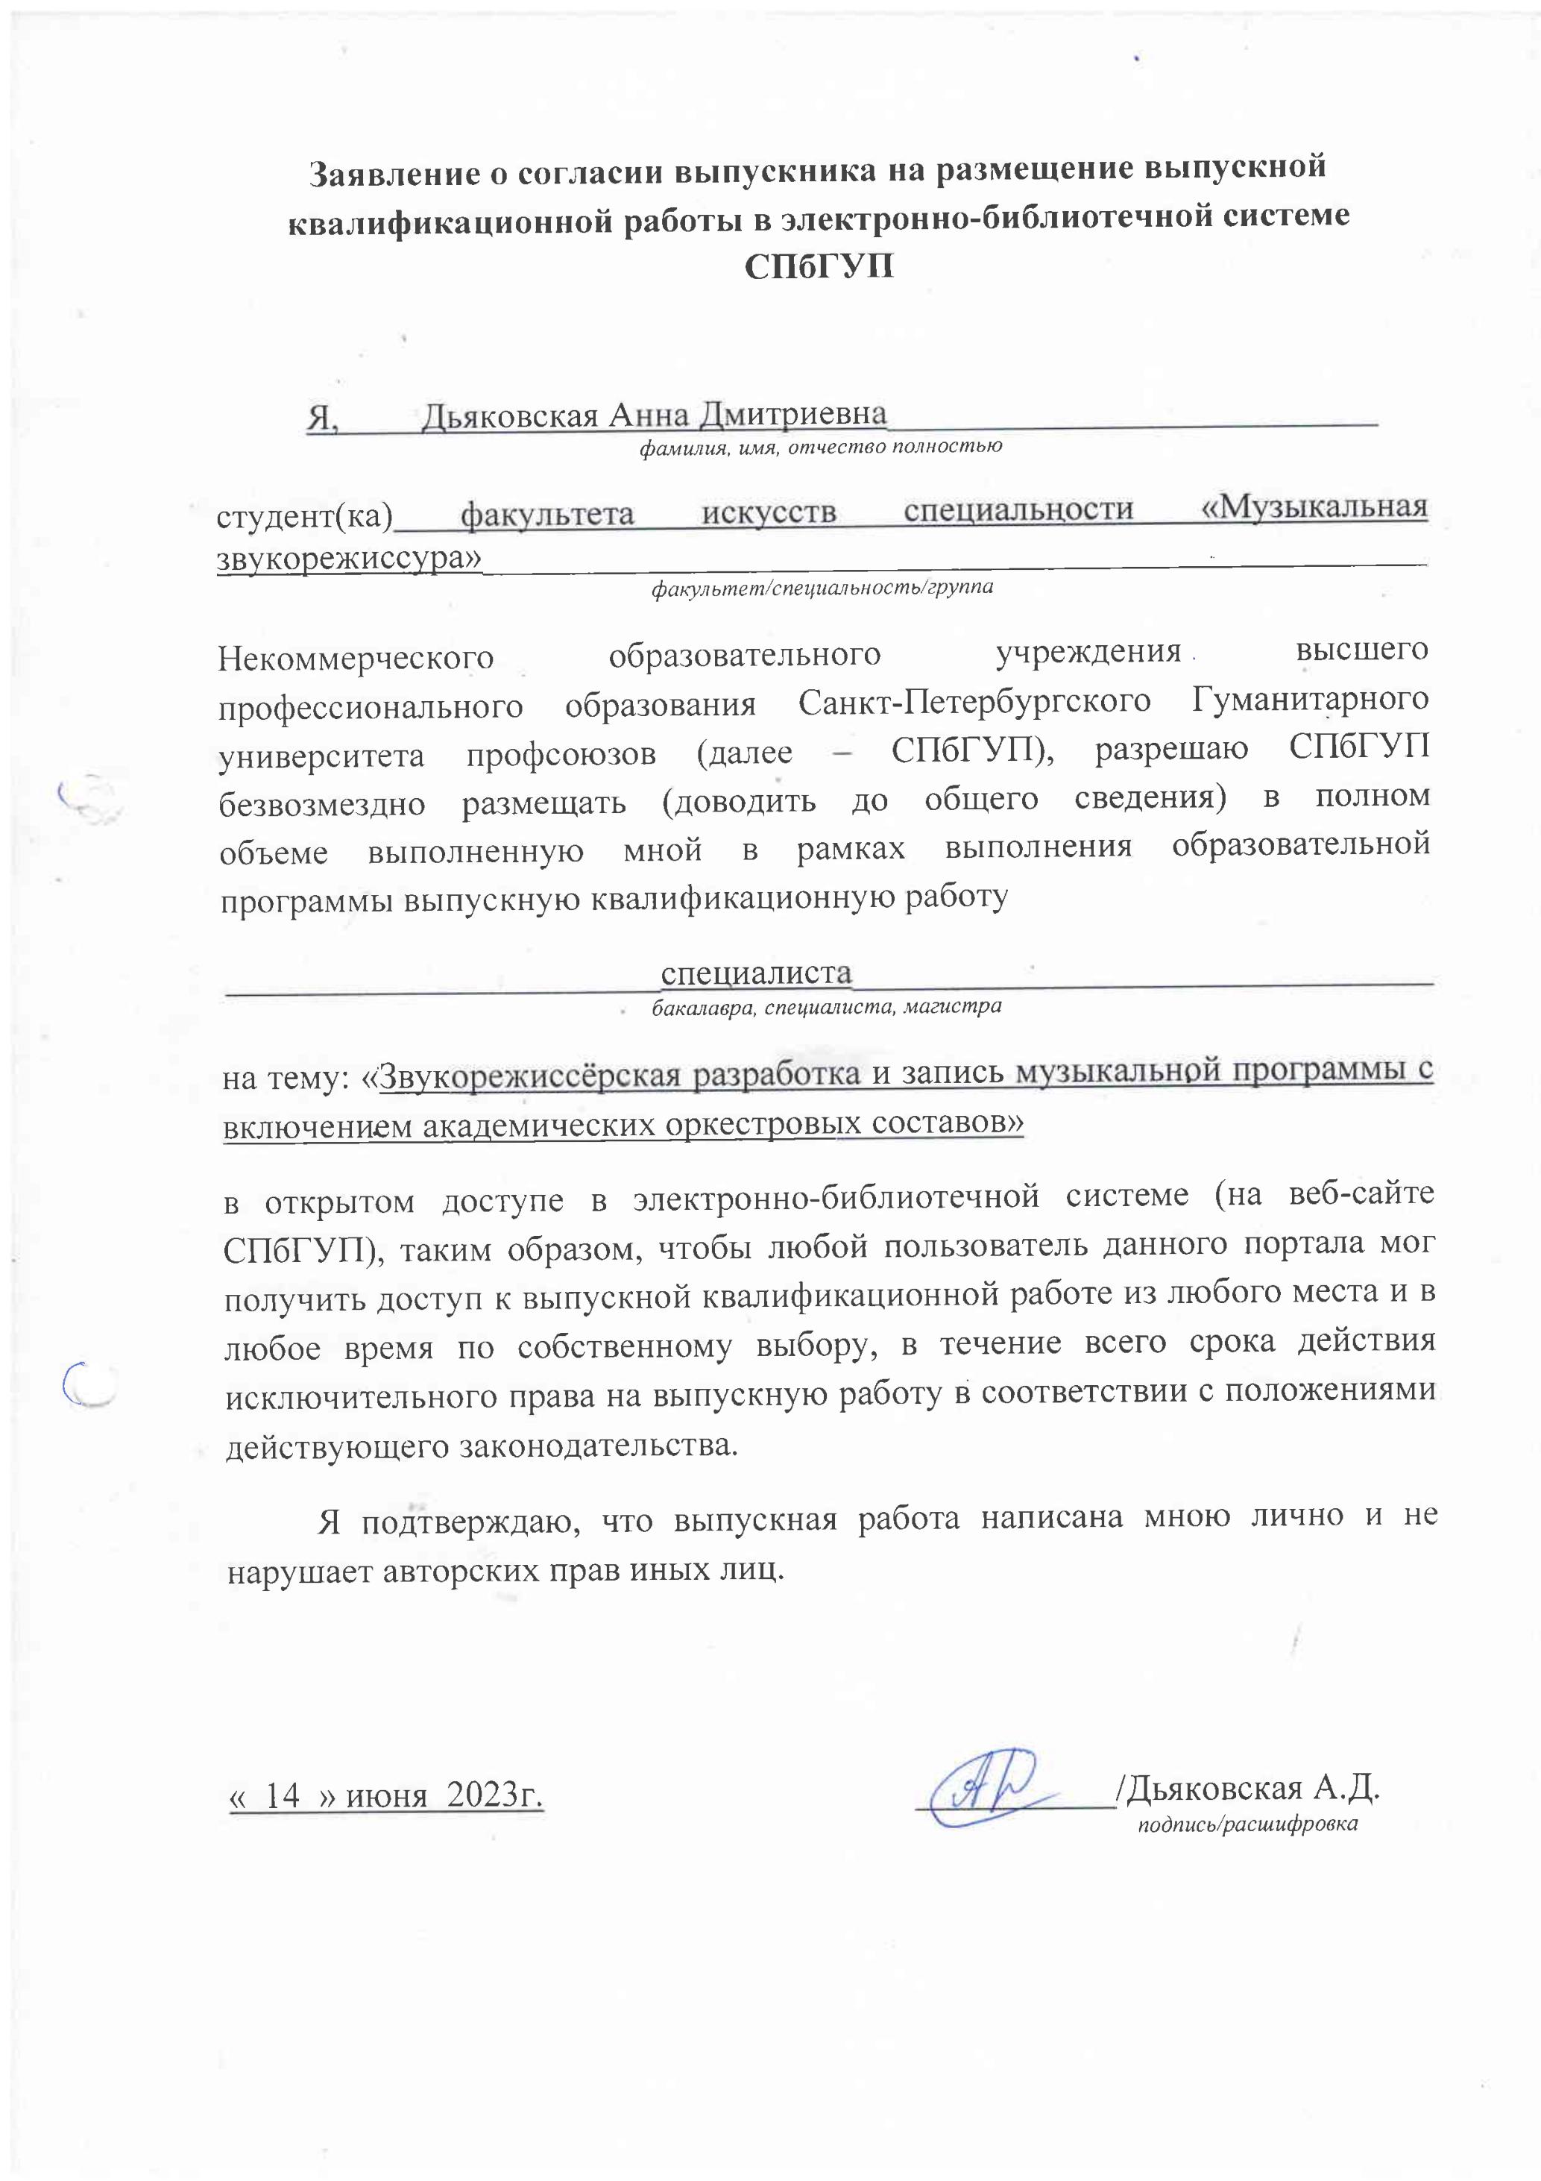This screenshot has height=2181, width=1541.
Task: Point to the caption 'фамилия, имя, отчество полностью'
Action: [x=820, y=445]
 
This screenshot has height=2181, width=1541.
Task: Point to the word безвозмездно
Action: [x=322, y=803]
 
